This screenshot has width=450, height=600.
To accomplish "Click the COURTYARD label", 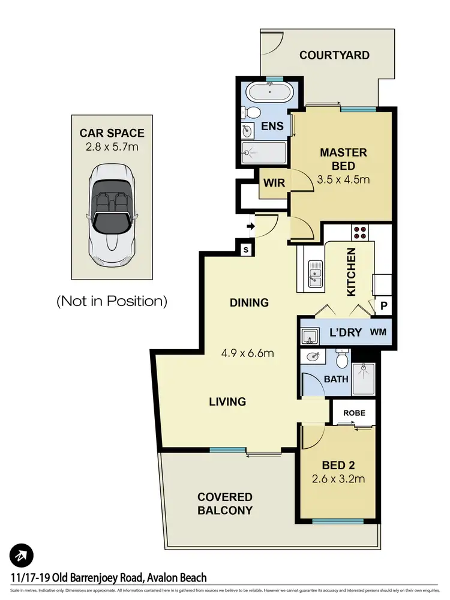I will tap(334, 56).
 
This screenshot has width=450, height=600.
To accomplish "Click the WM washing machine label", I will tap(378, 332).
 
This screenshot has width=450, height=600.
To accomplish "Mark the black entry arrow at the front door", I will tap(250, 227).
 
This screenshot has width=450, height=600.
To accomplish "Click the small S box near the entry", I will tap(246, 250).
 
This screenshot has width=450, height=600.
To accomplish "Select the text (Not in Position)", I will tap(112, 301).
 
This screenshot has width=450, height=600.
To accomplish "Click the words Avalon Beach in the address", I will tap(176, 578).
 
